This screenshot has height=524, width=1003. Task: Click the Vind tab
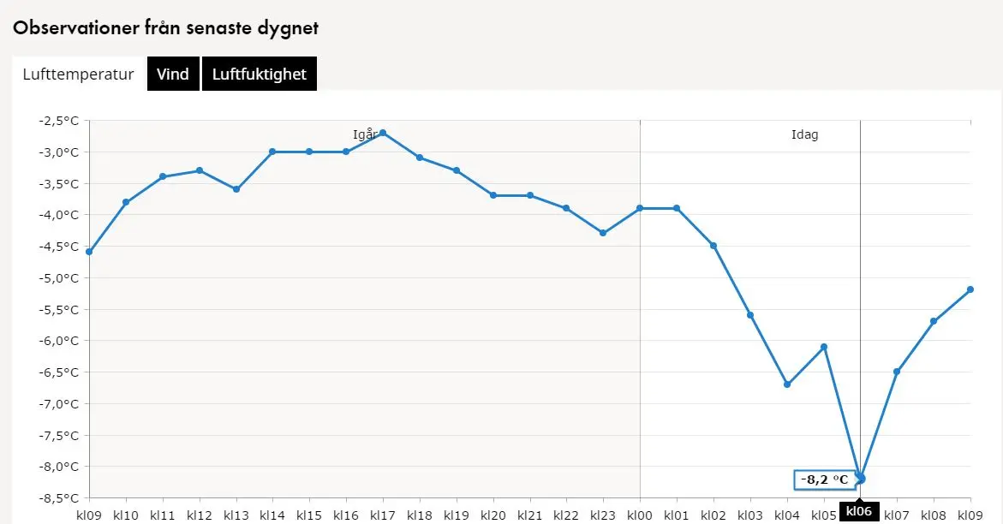pos(173,74)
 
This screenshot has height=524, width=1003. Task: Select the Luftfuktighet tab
pos(260,74)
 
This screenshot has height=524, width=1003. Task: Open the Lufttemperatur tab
pos(78,74)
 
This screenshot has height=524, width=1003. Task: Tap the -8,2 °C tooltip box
pos(824,479)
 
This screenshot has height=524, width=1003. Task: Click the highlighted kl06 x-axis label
pos(859,512)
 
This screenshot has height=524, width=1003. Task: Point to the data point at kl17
pos(383,133)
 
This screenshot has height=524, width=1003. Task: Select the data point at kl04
pos(787,384)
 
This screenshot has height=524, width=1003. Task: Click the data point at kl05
pos(824,347)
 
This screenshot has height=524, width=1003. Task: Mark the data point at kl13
pos(236,189)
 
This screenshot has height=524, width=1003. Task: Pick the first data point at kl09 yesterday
pos(89,252)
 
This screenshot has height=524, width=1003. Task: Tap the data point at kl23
pos(603,233)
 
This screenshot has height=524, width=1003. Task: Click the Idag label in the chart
pos(804,135)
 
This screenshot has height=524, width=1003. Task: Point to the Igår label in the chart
pos(365,135)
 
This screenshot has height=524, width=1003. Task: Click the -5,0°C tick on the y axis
pos(58,278)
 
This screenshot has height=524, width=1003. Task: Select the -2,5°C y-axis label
pos(58,121)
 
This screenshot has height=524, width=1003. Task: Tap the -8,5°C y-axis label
pos(58,498)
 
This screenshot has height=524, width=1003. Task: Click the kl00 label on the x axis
pos(640,515)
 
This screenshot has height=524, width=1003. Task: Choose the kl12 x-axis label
pos(200,515)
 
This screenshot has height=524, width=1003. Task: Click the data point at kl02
pos(713,246)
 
